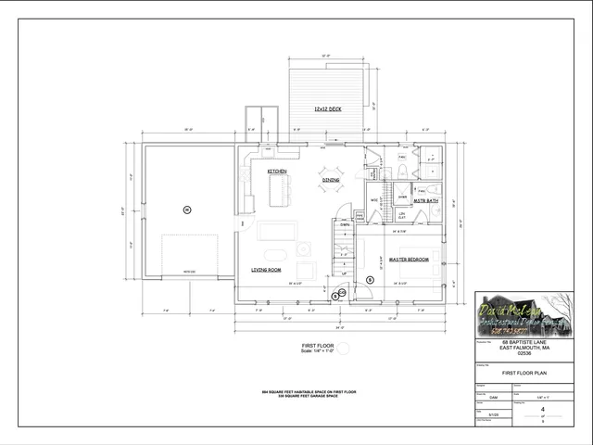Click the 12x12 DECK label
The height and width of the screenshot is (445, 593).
pos(327,109)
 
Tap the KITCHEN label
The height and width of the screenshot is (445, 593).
pos(277,172)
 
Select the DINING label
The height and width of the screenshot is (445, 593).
pos(331,180)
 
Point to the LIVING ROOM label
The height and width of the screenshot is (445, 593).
pos(266,270)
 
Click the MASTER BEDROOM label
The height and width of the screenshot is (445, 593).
pos(409,261)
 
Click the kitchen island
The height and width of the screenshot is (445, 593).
pos(277,194)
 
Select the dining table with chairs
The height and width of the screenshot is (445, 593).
pos(331,178)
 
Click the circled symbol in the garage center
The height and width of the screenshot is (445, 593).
pos(186,210)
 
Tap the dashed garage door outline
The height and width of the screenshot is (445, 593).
pos(189,256)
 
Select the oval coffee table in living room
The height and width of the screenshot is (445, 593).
pos(275,253)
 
